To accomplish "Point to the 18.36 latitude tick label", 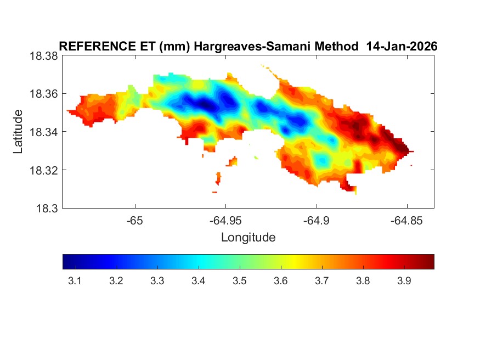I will click(x=43, y=94).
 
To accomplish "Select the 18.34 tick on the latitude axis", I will click(x=43, y=132).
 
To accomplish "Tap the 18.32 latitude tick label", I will click(x=43, y=170).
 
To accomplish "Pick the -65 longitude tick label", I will click(x=134, y=222).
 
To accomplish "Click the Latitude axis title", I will click(x=18, y=132).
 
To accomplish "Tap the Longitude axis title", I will click(x=248, y=238).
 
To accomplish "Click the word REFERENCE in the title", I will click(x=91, y=47).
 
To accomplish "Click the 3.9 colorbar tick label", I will click(x=404, y=281).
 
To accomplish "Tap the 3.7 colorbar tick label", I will click(x=322, y=281).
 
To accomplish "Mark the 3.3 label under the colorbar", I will click(x=157, y=281).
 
